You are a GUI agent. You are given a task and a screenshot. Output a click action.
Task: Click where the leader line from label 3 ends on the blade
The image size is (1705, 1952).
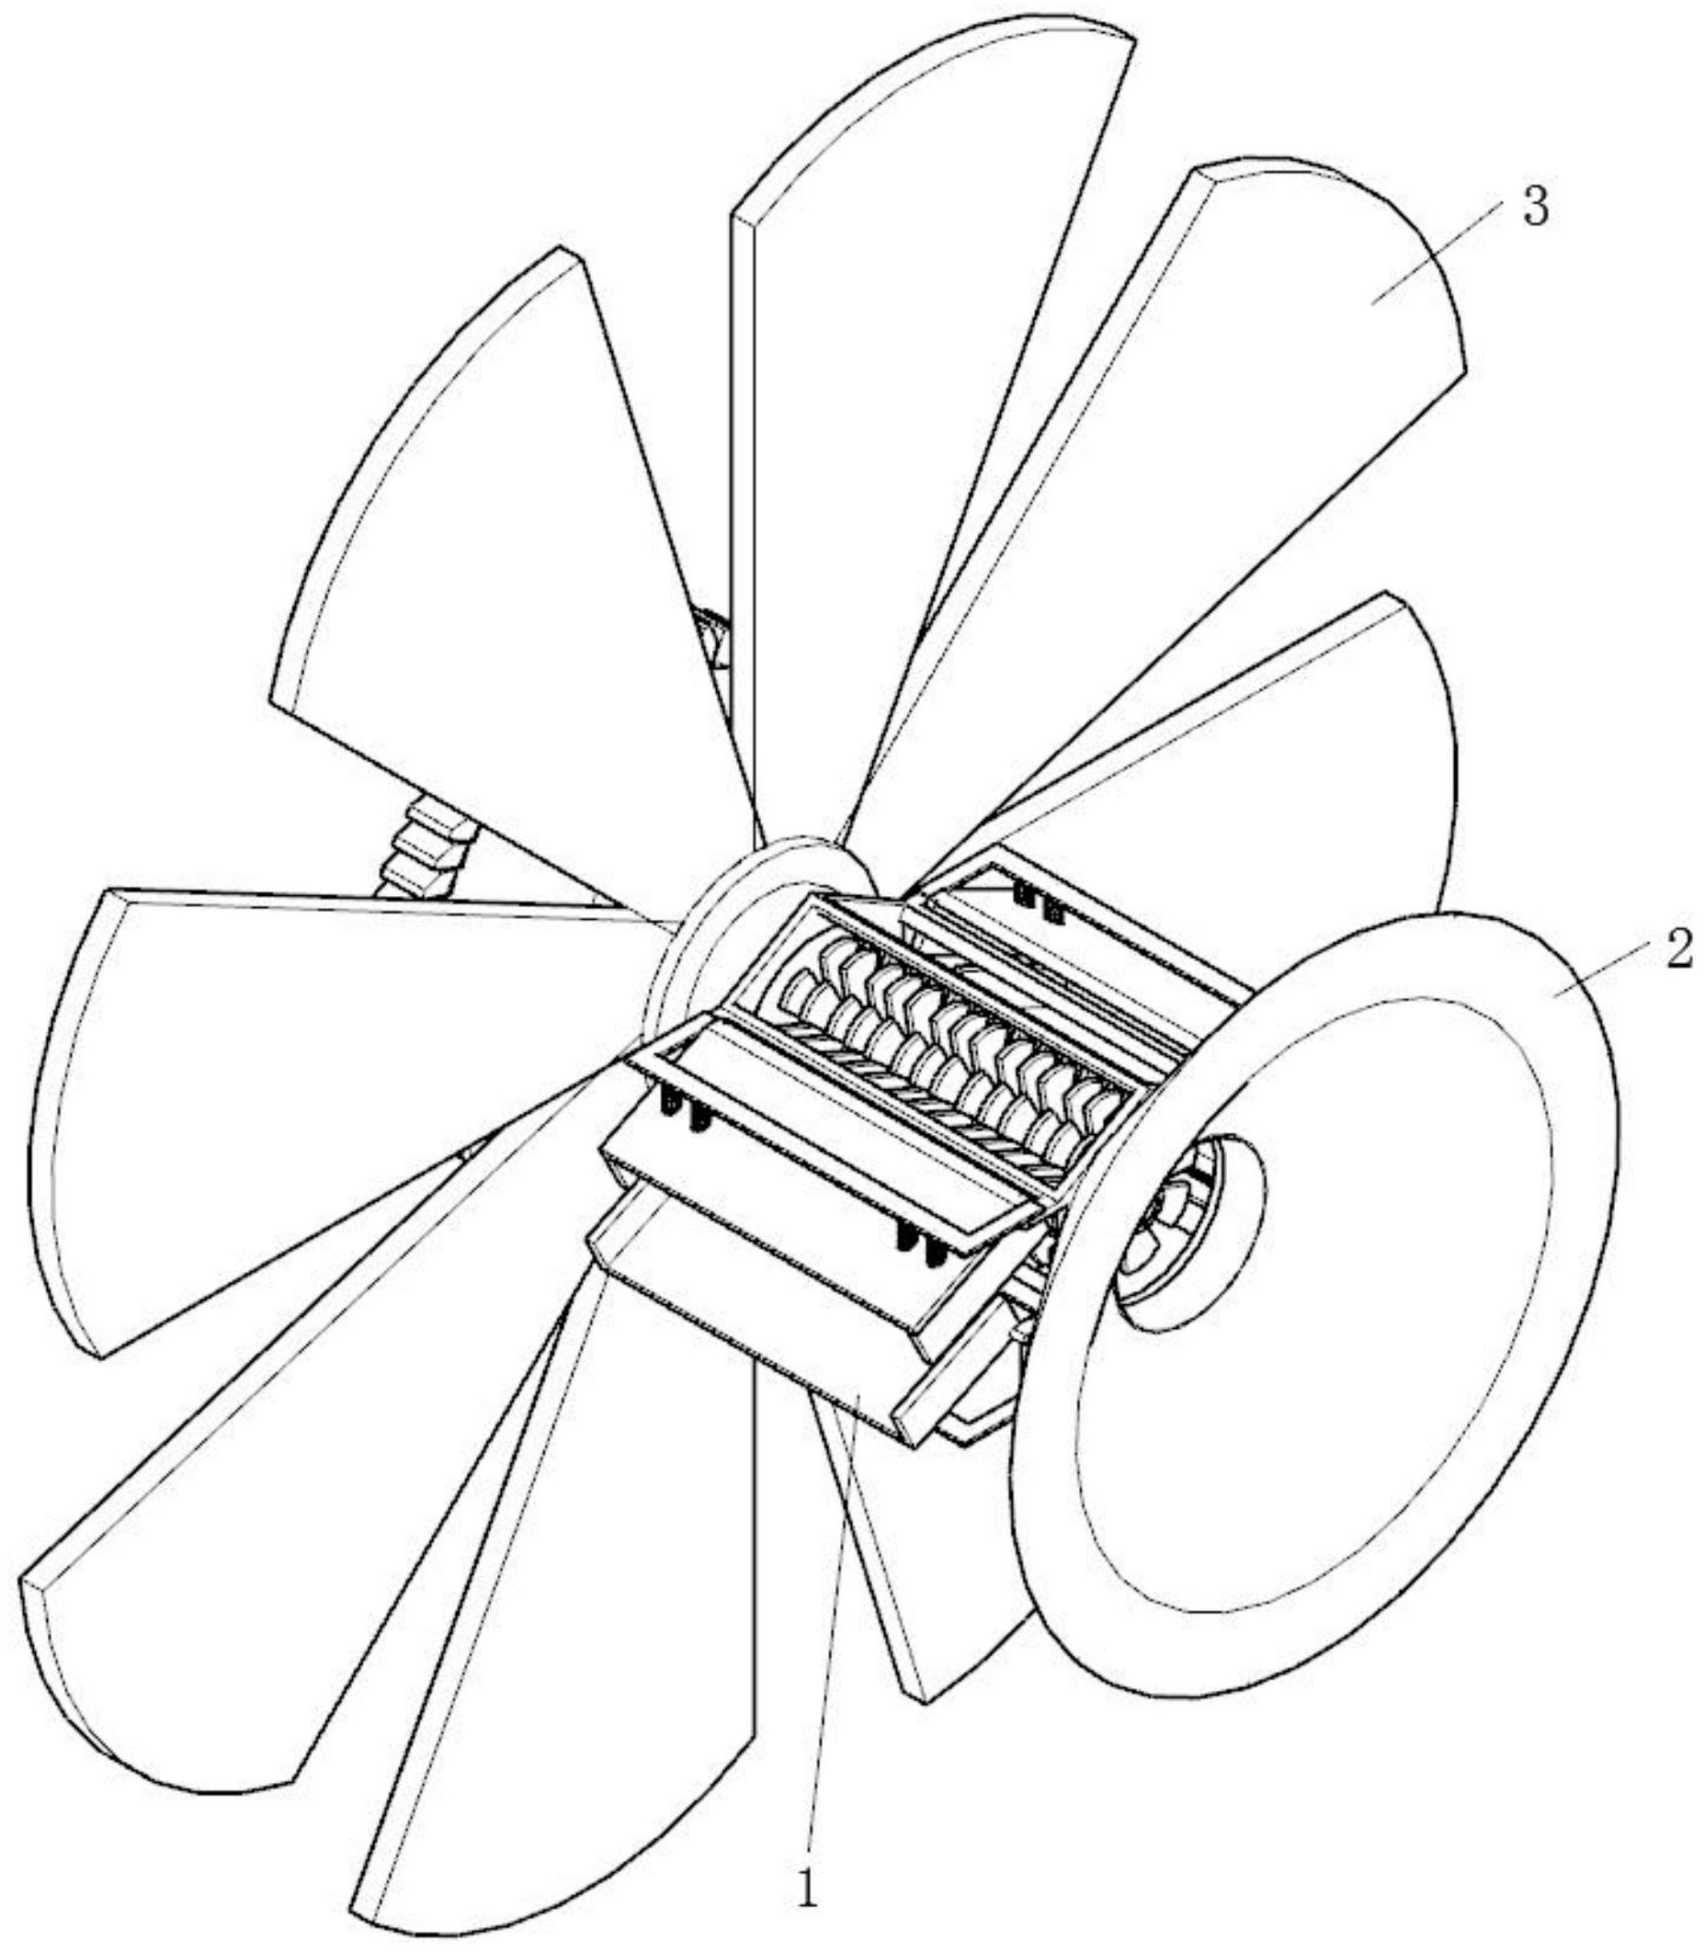(1372, 302)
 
